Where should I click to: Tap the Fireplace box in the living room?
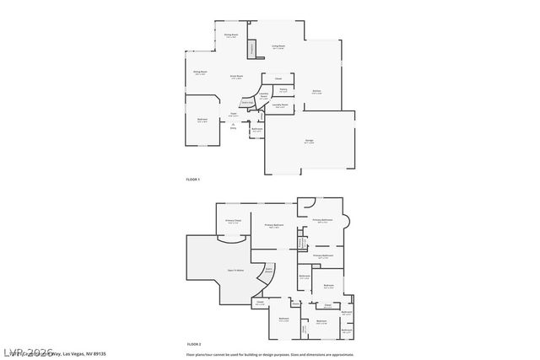tap(251, 50)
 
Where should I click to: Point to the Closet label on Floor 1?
tap(278, 78)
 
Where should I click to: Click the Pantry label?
tap(283, 89)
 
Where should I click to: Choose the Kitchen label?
tap(316, 91)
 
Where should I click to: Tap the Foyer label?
tap(233, 115)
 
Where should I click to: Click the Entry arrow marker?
tap(233, 126)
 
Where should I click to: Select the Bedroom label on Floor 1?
tap(202, 120)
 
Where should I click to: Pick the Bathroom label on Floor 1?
tap(256, 129)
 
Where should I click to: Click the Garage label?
tap(309, 142)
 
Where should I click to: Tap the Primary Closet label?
tap(232, 222)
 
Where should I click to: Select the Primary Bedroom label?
tap(273, 225)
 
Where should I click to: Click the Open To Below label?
tap(235, 270)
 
